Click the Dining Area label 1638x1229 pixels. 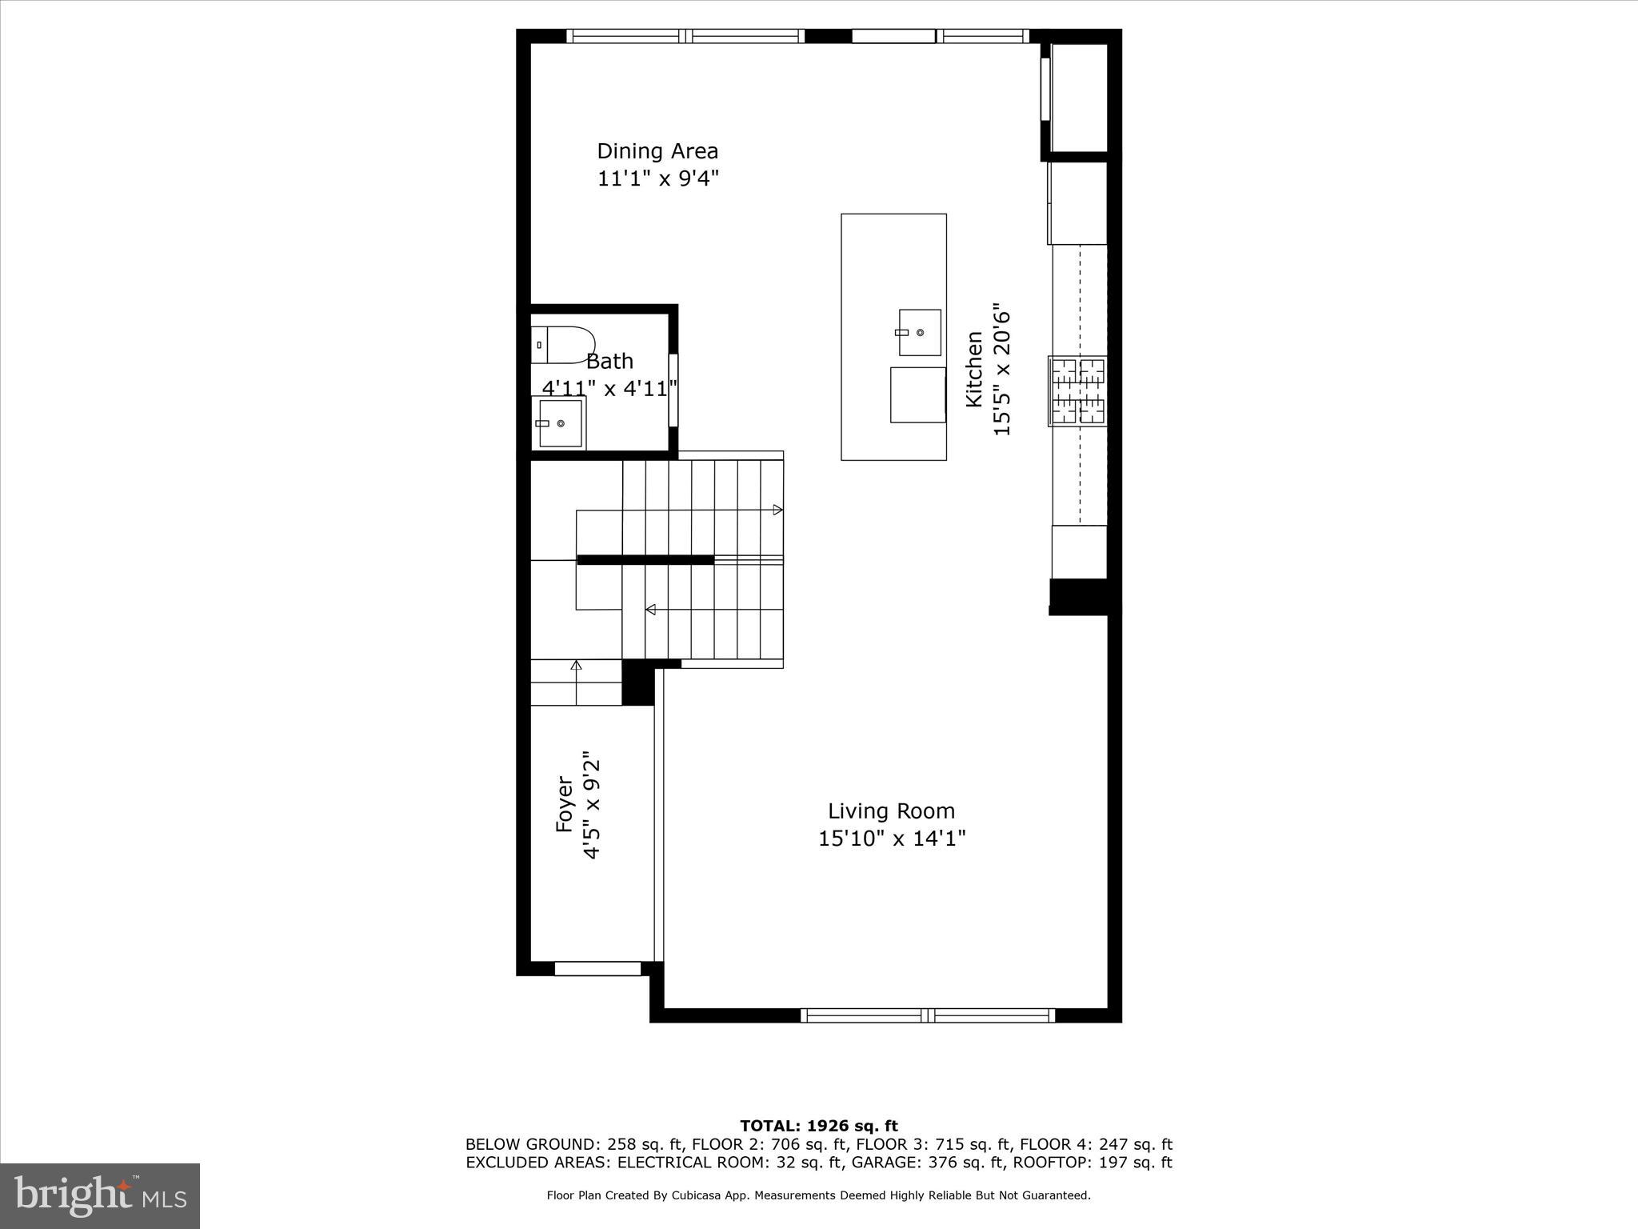click(657, 151)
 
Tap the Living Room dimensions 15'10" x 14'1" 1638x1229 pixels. click(892, 839)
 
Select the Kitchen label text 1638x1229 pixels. click(974, 369)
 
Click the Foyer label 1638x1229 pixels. click(565, 804)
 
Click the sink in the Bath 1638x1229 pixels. click(559, 423)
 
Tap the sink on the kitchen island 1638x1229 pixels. click(919, 332)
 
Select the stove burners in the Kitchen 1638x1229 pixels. click(1078, 391)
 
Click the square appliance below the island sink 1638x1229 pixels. click(917, 395)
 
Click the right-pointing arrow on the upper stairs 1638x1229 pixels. click(777, 510)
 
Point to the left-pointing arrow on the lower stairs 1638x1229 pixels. click(650, 610)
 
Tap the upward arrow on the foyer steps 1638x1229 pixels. click(576, 666)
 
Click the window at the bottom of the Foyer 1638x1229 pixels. click(597, 969)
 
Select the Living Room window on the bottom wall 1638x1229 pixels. click(928, 1015)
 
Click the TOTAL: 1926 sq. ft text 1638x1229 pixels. click(819, 1127)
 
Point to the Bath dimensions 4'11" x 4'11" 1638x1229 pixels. click(609, 389)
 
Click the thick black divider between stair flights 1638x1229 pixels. click(645, 560)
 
